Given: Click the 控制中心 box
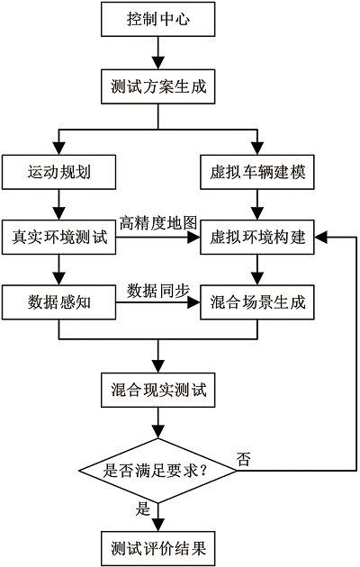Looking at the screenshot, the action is point(158,19).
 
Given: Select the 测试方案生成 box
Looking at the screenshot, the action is point(158,86).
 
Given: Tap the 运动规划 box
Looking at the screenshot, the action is point(58,172).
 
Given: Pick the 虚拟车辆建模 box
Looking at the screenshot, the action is point(257,172).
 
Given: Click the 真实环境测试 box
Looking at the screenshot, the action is point(58,238).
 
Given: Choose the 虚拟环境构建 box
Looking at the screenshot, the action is point(257,238).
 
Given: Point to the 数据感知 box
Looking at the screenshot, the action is point(58,302).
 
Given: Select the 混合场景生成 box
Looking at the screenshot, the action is point(257,302).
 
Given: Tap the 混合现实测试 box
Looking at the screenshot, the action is point(158,390).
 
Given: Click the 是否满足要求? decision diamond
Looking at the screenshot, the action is point(158,471).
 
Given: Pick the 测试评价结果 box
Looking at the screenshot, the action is point(158,549).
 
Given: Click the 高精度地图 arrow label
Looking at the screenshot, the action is point(158,223).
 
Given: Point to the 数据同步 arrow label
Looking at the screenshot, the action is point(158,291).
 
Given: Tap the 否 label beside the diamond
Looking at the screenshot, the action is point(243,459).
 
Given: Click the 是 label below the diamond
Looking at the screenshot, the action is point(143,509).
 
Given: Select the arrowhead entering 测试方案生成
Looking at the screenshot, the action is point(158,63).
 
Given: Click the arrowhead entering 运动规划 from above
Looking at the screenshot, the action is point(58,148).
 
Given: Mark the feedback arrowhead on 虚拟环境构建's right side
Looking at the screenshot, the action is point(321,238).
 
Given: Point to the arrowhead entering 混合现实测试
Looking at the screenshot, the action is point(158,366).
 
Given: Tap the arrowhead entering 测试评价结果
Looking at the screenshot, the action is point(158,526).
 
